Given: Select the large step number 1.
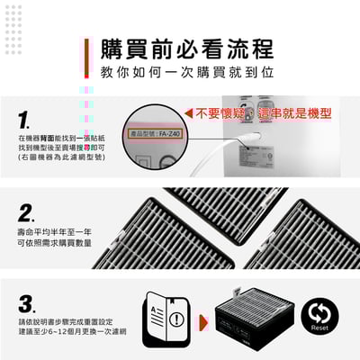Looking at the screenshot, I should point(26,120).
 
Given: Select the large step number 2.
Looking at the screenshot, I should point(26,212).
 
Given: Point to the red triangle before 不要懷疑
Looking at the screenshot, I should point(188,113).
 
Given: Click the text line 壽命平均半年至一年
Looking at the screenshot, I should point(54,231).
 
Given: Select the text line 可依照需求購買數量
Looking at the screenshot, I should point(54,242).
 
